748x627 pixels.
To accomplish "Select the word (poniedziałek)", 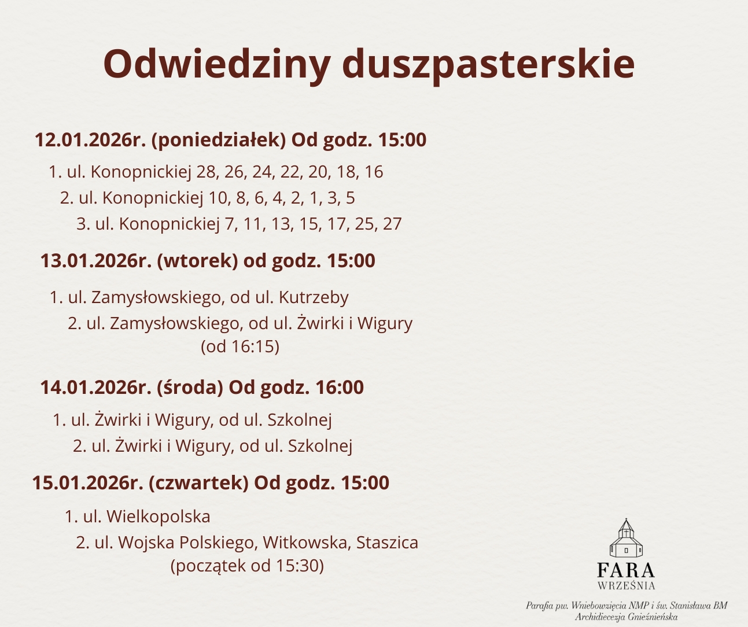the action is pyautogui.click(x=219, y=140).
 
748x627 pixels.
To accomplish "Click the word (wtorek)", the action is pyautogui.click(x=197, y=261).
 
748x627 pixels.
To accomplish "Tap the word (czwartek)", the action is pyautogui.click(x=198, y=482).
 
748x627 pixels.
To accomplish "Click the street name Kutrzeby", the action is pyautogui.click(x=314, y=298).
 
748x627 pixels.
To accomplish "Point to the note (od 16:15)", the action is pyautogui.click(x=240, y=346).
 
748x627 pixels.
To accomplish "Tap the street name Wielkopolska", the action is pyautogui.click(x=159, y=517).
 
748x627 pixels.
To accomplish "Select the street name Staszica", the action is pyautogui.click(x=387, y=543).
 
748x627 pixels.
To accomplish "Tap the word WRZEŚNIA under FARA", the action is pyautogui.click(x=626, y=586).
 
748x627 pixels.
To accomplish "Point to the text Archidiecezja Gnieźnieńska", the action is pyautogui.click(x=627, y=617).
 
